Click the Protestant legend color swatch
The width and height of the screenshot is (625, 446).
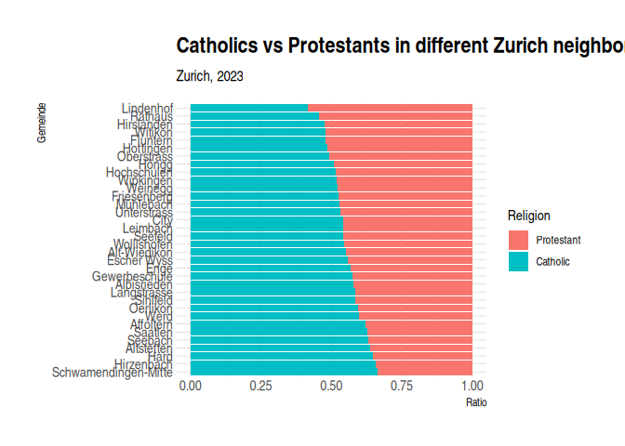518,240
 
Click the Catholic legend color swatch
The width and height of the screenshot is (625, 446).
518,262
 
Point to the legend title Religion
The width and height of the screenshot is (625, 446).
528,216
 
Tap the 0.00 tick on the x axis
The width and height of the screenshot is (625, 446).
191,386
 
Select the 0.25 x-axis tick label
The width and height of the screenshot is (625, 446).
260,386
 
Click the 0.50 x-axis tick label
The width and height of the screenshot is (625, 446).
331,386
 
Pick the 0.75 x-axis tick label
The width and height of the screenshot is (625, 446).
402,386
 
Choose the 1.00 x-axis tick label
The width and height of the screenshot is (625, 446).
472,386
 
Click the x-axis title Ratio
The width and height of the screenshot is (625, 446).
476,403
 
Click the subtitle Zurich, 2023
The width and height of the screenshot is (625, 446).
209,76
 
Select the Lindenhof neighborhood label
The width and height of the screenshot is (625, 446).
147,108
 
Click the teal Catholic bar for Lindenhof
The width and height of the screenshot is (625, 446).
249,108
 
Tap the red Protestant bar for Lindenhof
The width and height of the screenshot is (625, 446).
391,108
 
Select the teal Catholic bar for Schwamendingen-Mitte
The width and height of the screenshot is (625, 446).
284,373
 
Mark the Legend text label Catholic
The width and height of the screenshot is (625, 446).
552,262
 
